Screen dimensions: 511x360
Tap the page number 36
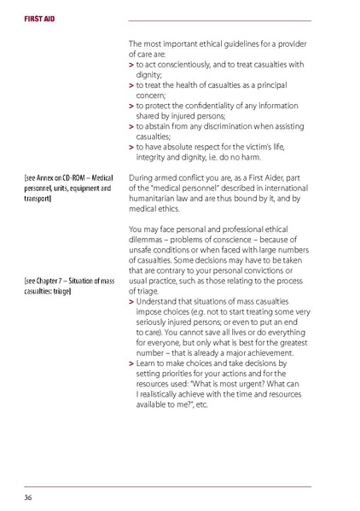point(28,496)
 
